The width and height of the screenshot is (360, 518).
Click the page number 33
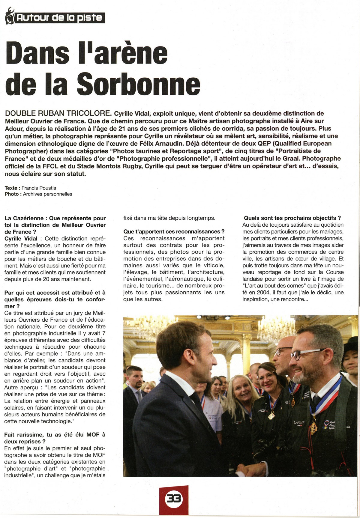click(x=174, y=499)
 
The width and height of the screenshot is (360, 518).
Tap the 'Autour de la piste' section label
click(x=59, y=18)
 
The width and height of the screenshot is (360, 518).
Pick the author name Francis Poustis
click(x=39, y=188)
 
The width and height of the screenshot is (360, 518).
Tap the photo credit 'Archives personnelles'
click(x=47, y=194)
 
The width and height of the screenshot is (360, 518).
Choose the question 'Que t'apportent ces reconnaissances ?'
click(x=174, y=231)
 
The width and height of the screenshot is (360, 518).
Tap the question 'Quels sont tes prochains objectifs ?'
click(x=292, y=218)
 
